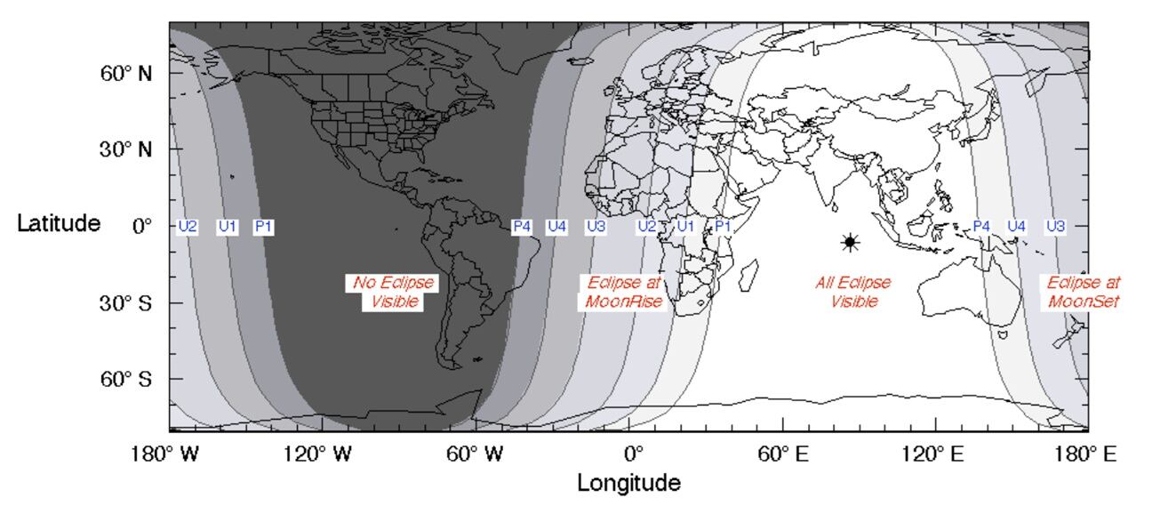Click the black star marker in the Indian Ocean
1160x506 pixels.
click(x=850, y=242)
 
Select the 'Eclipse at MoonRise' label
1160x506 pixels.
click(x=623, y=293)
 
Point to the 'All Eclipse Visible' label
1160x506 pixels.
click(x=853, y=293)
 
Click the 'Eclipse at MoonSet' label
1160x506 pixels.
click(x=1083, y=293)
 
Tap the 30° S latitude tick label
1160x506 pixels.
click(x=125, y=303)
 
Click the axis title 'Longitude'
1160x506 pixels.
click(x=629, y=484)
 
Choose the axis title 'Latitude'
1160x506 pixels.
click(x=59, y=223)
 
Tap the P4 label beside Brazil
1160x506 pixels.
click(x=522, y=227)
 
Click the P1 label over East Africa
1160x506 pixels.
click(x=724, y=227)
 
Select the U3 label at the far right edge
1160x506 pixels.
click(x=1055, y=227)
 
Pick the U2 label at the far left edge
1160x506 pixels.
click(x=188, y=227)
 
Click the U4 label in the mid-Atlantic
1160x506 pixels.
click(x=556, y=227)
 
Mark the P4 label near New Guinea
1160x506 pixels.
click(x=981, y=227)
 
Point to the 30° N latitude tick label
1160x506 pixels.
click(x=125, y=149)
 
